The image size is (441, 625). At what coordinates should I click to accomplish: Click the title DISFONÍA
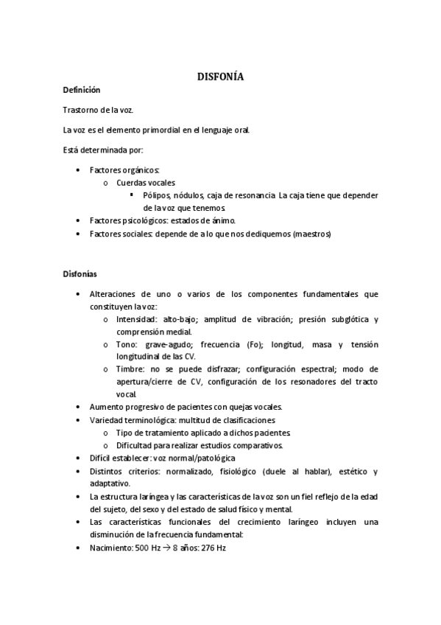(220, 76)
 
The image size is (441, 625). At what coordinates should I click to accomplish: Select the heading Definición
(81, 89)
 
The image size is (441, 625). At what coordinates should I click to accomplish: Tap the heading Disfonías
(79, 274)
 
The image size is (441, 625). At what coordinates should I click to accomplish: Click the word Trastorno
(81, 110)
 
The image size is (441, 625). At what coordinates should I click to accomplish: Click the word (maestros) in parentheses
(312, 234)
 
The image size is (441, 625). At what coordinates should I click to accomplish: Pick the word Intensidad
(136, 319)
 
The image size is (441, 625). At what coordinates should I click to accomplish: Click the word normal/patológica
(204, 457)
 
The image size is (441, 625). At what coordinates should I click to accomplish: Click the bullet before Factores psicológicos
(79, 220)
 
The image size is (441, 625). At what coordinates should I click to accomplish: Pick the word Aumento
(105, 406)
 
